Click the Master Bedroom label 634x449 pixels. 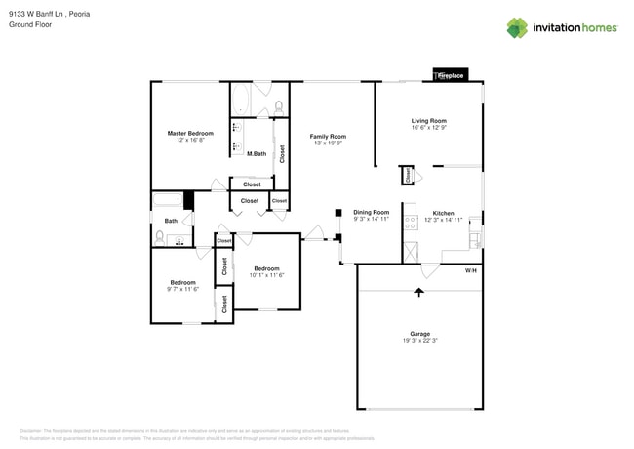[190, 133]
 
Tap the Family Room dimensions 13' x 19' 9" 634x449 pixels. [328, 143]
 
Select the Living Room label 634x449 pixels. [428, 121]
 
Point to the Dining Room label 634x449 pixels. [371, 212]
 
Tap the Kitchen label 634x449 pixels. [443, 213]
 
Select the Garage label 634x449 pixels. [419, 334]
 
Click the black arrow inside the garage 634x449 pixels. [419, 291]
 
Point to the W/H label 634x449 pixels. [470, 270]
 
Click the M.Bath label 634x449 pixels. [257, 154]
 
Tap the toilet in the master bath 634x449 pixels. [279, 106]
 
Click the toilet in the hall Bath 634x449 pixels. [161, 236]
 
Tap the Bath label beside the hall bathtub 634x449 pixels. [171, 221]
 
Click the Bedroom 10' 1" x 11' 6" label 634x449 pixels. [267, 268]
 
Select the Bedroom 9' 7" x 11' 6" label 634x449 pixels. [183, 283]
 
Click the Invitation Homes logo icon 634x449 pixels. [516, 28]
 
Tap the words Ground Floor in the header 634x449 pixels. [30, 25]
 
